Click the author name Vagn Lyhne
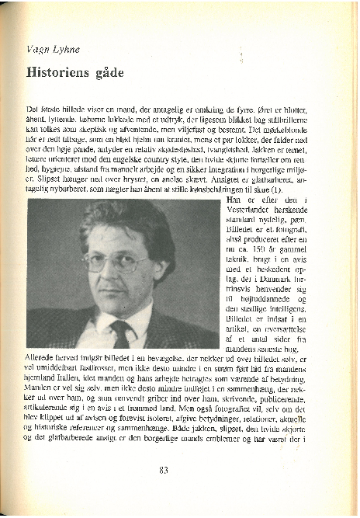(53, 49)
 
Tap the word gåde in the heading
(109, 73)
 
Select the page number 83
(164, 469)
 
